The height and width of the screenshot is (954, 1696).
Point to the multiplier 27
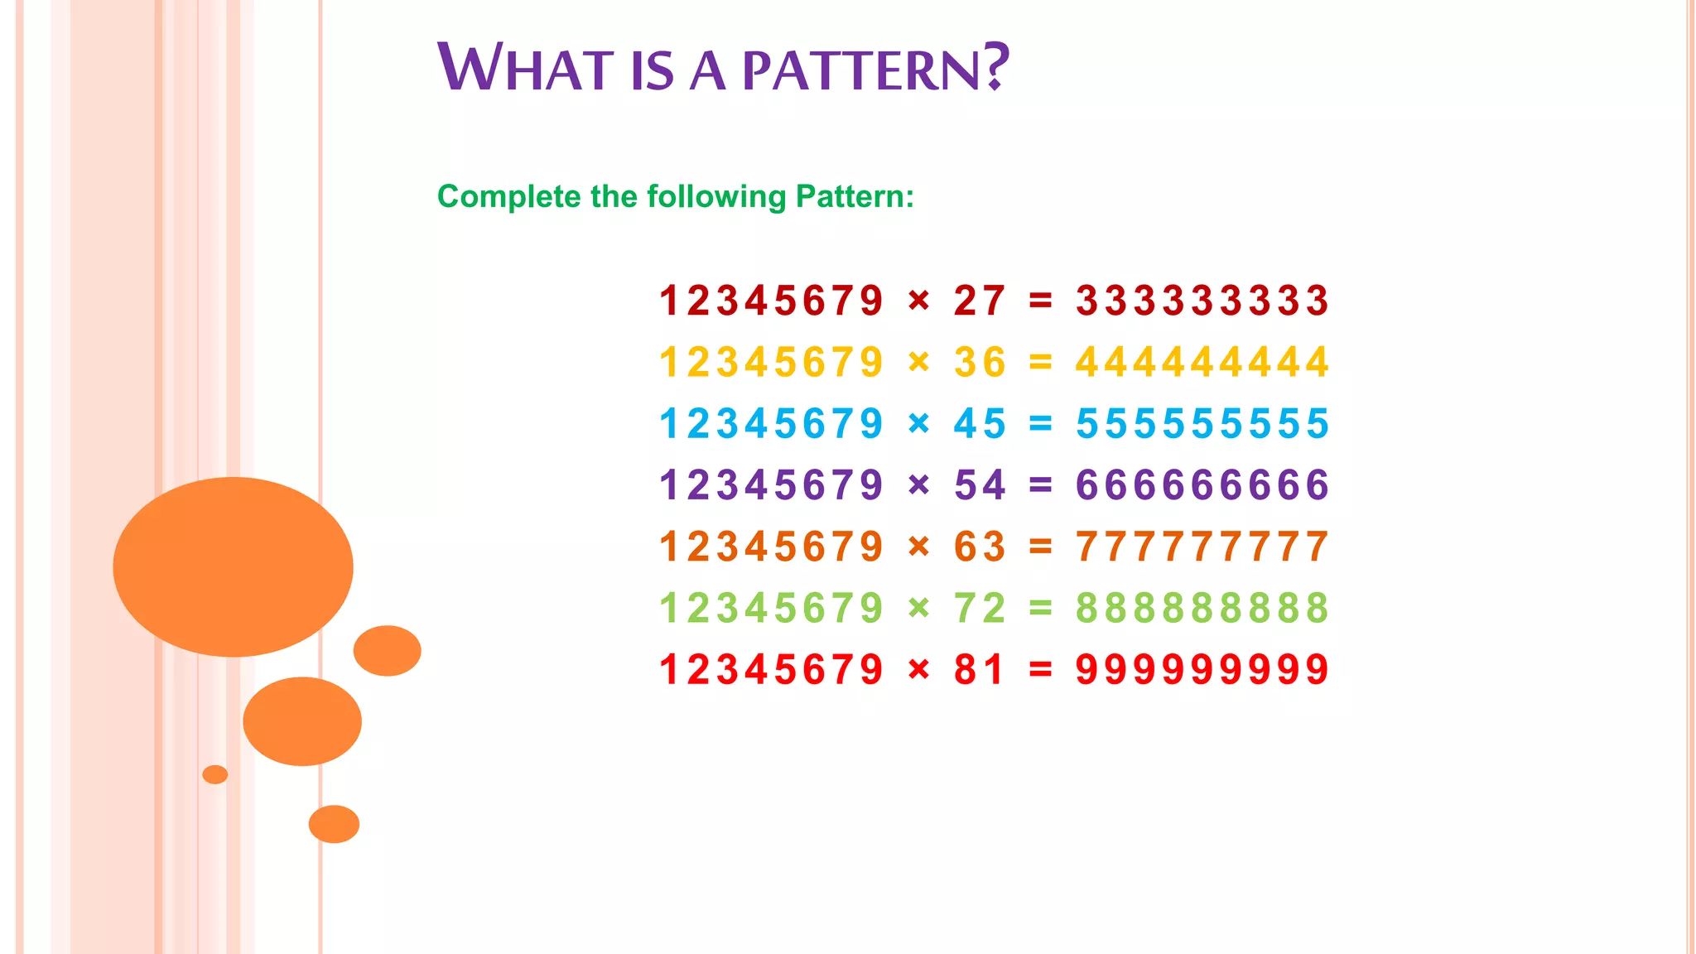(980, 301)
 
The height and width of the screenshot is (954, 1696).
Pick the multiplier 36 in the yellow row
(980, 363)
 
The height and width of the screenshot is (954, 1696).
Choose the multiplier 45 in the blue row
(980, 424)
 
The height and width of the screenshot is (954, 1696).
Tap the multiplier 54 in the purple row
(980, 485)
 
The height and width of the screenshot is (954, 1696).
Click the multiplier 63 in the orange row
(980, 547)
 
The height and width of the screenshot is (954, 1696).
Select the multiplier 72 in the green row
(980, 608)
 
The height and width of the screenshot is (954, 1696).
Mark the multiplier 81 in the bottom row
(980, 669)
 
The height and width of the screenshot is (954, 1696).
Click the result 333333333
(1202, 301)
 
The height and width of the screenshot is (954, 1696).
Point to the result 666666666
(1202, 485)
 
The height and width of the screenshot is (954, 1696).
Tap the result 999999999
(1202, 669)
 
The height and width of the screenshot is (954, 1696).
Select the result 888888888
(1202, 608)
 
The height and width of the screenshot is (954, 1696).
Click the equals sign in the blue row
(1040, 424)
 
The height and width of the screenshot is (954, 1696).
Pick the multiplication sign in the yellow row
(918, 362)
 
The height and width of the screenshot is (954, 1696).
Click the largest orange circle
(233, 566)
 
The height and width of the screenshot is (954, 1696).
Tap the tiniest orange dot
(214, 774)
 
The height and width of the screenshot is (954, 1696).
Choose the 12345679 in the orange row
(771, 547)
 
